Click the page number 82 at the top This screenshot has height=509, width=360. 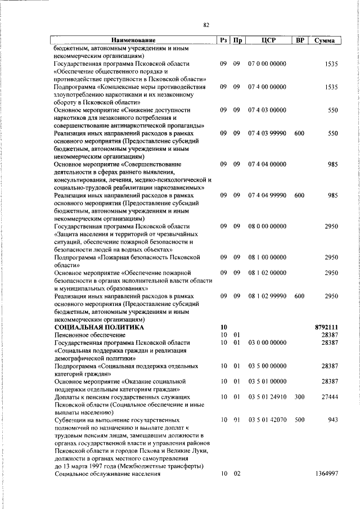[x=206, y=25]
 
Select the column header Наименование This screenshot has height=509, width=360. [x=133, y=40]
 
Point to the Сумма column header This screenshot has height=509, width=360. [x=325, y=40]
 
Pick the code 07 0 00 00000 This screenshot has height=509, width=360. [x=267, y=64]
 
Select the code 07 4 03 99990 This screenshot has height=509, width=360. [x=267, y=133]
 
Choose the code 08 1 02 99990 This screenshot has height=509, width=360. [x=267, y=296]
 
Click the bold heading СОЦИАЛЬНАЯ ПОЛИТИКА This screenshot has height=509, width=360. [x=99, y=327]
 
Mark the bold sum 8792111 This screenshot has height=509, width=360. [x=326, y=327]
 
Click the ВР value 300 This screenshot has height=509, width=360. [x=299, y=397]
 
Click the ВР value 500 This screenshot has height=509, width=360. [x=299, y=420]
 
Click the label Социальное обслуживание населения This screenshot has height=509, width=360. [x=107, y=474]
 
